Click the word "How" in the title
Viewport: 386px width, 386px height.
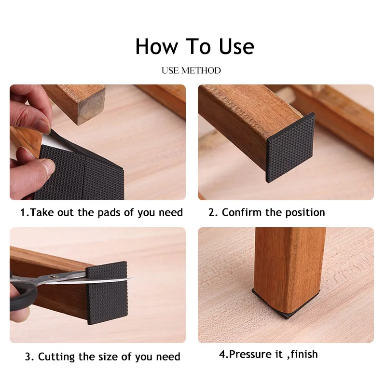pos(155,46)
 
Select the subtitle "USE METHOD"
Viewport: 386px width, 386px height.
pos(191,70)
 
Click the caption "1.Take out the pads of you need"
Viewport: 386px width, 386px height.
pos(101,212)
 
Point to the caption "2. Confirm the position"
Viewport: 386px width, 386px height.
pos(267,212)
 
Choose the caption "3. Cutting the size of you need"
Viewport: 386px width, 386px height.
pos(102,357)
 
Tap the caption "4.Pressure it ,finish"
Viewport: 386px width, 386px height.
pos(268,354)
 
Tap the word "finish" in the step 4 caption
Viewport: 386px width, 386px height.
pos(302,354)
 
